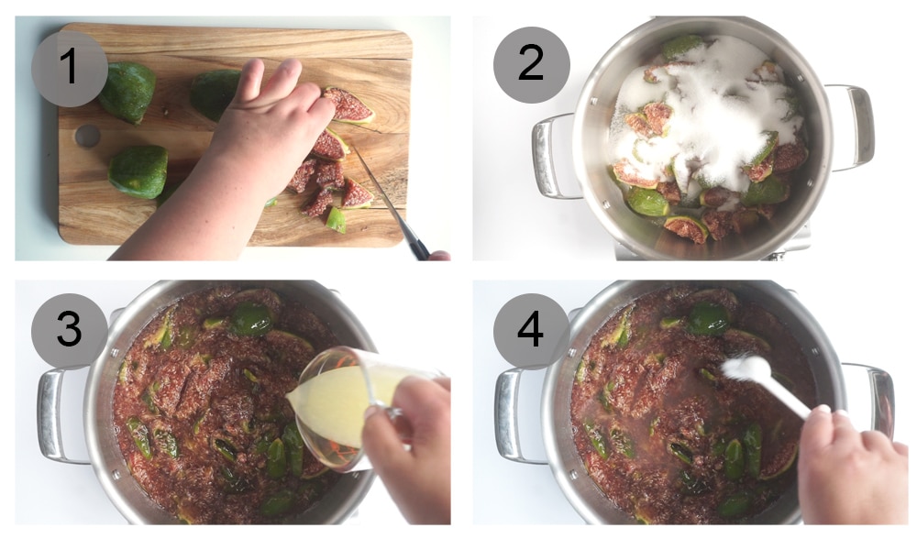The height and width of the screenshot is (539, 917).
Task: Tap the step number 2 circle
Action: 531,64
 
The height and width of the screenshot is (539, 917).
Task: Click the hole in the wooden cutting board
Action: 87,136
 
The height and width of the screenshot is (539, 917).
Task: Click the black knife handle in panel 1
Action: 418,245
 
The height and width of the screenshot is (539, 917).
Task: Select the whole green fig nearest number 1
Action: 128,92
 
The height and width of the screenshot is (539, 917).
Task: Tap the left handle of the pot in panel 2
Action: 553,156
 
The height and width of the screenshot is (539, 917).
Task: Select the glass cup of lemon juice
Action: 344,403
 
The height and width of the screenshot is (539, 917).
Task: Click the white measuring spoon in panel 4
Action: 761,380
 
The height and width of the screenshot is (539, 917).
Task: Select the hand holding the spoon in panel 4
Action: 853,467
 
